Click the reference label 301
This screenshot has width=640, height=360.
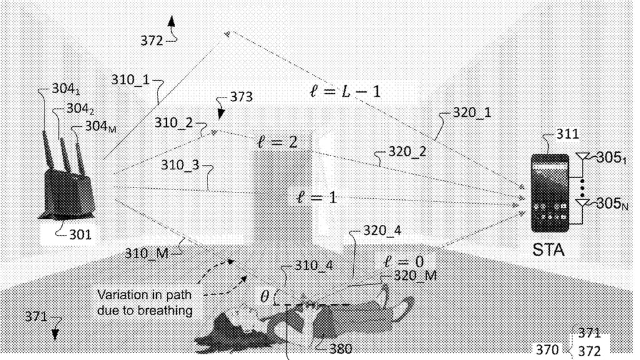(x=81, y=235)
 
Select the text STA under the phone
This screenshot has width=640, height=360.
(x=548, y=250)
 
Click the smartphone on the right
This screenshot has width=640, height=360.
(x=550, y=193)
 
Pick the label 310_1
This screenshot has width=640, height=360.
(x=130, y=79)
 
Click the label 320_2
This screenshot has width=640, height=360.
(x=407, y=152)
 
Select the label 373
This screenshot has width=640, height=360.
(x=241, y=97)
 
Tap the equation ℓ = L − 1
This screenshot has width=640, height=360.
(x=345, y=91)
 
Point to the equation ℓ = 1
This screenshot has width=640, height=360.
(x=317, y=198)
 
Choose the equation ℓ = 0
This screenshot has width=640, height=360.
(x=404, y=262)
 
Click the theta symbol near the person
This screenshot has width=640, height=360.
(x=264, y=297)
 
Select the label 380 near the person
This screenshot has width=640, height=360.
(x=341, y=349)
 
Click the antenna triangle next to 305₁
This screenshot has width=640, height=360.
(x=582, y=156)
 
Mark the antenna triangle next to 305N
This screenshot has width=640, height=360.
(x=582, y=203)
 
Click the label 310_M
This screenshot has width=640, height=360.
(x=146, y=254)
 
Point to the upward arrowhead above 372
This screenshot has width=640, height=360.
(x=171, y=21)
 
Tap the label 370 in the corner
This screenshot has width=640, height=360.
(x=547, y=349)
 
